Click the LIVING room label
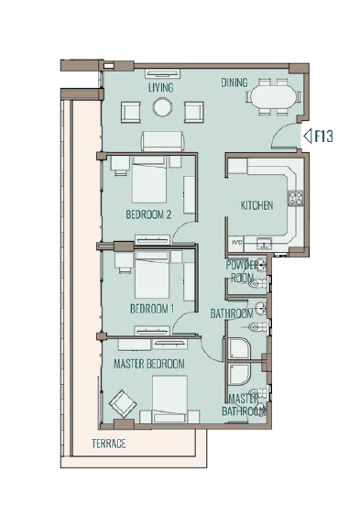161,88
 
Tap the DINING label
235,82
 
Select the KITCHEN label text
256,205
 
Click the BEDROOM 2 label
148,214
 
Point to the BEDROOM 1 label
152,309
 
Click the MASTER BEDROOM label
149,364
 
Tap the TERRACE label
109,444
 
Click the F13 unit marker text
323,137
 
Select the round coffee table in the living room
162,107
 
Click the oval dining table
274,97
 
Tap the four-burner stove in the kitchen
295,198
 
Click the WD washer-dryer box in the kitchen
236,242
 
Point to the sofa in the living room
163,141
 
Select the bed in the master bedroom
169,400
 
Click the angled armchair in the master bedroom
123,403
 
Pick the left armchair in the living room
131,113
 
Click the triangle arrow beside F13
308,137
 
